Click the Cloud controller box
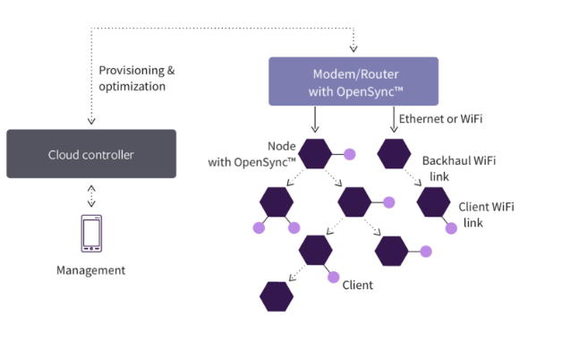tap(91, 154)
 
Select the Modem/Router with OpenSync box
tap(353, 81)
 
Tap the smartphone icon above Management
tap(90, 235)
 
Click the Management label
tap(90, 270)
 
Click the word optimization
tap(132, 87)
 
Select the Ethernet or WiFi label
tap(445, 118)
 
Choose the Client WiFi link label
tap(486, 214)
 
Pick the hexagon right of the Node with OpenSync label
tap(315, 153)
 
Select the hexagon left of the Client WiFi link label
tap(434, 201)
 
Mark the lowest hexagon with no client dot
tap(277, 296)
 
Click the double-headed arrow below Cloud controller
tap(90, 194)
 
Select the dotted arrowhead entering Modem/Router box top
tap(354, 50)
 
